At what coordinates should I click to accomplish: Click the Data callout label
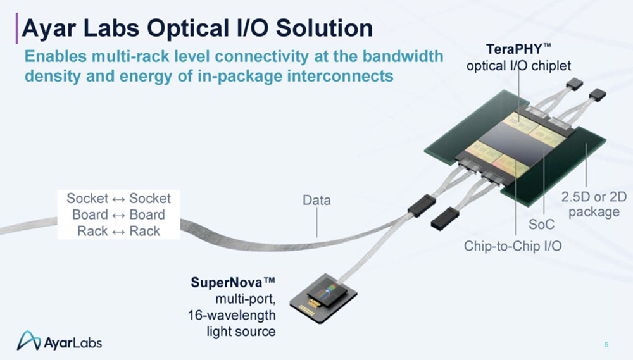click(316, 201)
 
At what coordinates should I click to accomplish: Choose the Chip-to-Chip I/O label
click(513, 244)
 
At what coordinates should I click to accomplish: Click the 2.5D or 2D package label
click(594, 204)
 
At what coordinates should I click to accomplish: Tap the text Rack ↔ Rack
click(118, 231)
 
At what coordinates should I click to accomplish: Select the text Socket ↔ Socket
click(118, 198)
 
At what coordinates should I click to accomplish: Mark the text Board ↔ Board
click(118, 214)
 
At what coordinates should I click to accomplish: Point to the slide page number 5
click(606, 344)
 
